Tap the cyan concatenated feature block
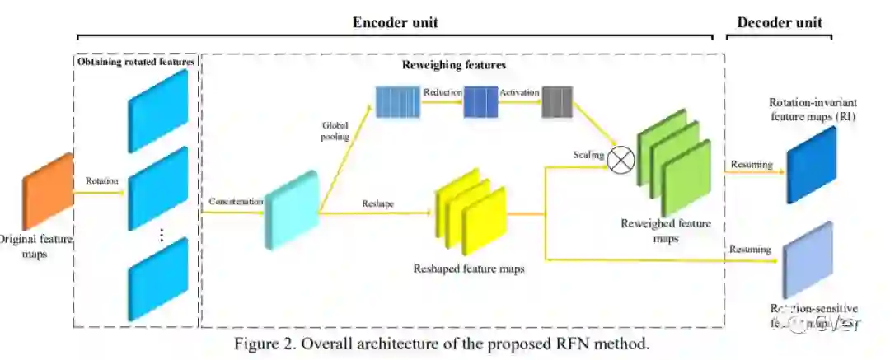(x=290, y=209)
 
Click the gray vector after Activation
(x=557, y=102)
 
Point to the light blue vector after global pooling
(x=398, y=102)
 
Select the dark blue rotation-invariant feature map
(x=811, y=165)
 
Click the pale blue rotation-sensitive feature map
(x=808, y=259)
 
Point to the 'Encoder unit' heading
(x=396, y=22)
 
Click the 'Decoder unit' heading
(x=778, y=22)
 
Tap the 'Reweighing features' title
(x=454, y=64)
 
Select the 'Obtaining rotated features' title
(x=136, y=61)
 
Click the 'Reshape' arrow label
(x=376, y=203)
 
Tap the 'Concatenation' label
(x=237, y=201)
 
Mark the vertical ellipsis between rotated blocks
(x=162, y=235)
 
